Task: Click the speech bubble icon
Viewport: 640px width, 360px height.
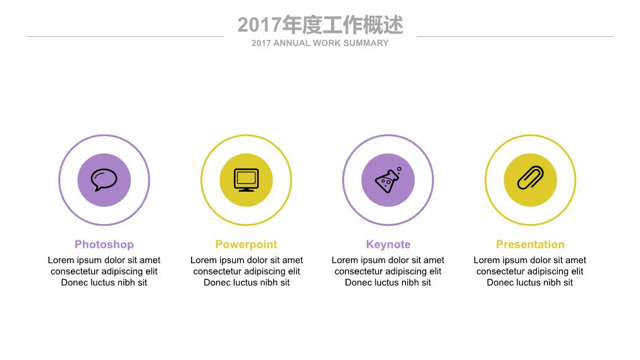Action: pyautogui.click(x=104, y=180)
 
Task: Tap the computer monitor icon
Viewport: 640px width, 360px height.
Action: pyautogui.click(x=246, y=180)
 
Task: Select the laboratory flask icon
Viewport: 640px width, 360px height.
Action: pyautogui.click(x=388, y=180)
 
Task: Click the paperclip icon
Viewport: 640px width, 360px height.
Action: pyautogui.click(x=530, y=178)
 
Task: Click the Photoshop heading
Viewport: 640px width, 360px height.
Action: pyautogui.click(x=104, y=244)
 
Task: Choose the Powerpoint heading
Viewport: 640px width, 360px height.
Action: pyautogui.click(x=246, y=244)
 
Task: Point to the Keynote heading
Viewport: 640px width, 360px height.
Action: pyautogui.click(x=388, y=244)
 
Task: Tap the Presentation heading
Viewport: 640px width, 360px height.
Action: pyautogui.click(x=530, y=244)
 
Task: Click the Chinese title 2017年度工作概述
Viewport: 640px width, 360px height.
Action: pyautogui.click(x=321, y=25)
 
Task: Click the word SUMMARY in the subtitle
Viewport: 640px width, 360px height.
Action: pyautogui.click(x=366, y=43)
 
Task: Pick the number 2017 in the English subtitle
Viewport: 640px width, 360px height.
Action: pyautogui.click(x=261, y=43)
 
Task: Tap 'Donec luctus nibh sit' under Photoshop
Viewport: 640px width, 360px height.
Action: pyautogui.click(x=104, y=282)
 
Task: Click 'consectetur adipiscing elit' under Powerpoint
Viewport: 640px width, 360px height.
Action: pyautogui.click(x=247, y=271)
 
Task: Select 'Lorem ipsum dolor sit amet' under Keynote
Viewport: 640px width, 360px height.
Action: pyautogui.click(x=388, y=260)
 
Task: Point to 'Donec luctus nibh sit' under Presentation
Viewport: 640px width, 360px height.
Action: pyautogui.click(x=530, y=282)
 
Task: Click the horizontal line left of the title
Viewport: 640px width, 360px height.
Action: pyautogui.click(x=126, y=36)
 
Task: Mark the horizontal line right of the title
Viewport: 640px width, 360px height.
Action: pyautogui.click(x=515, y=36)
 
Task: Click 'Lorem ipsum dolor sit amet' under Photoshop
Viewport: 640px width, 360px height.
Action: pyautogui.click(x=104, y=260)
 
